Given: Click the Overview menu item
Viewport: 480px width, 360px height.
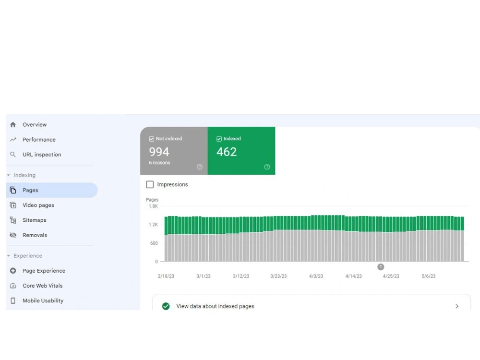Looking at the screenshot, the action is [35, 125].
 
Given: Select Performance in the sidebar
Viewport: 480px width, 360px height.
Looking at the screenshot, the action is [39, 140].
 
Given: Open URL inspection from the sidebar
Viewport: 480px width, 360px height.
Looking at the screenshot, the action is [42, 155].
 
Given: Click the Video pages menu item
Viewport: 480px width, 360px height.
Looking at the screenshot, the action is [38, 205].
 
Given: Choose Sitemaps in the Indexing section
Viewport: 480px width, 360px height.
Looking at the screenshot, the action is [34, 220].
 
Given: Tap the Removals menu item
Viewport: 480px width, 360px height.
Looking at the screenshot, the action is [35, 235].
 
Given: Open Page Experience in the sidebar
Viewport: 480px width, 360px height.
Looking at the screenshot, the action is [44, 271].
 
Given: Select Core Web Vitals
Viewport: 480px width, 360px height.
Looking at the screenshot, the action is [43, 286].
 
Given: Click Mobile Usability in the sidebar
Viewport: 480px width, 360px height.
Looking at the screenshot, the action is [43, 300].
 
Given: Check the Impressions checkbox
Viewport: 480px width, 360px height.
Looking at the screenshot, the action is [150, 184].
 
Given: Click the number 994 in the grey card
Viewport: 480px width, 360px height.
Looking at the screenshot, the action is [159, 152].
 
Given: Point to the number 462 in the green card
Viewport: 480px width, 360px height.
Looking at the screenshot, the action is [227, 152].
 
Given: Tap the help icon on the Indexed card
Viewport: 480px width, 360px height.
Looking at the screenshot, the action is [267, 167].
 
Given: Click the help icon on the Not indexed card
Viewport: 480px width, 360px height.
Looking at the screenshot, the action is [200, 167].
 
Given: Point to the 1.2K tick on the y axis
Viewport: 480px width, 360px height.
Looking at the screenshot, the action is [154, 224].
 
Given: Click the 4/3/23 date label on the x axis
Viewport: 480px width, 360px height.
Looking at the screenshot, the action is [316, 276].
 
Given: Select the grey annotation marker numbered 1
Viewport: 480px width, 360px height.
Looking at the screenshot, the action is [381, 267].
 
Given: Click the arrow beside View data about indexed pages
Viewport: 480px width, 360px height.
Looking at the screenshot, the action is [457, 306].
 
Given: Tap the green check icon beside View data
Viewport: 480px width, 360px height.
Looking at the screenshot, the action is [166, 306].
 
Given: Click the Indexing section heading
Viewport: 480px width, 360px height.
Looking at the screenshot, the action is [24, 175].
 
